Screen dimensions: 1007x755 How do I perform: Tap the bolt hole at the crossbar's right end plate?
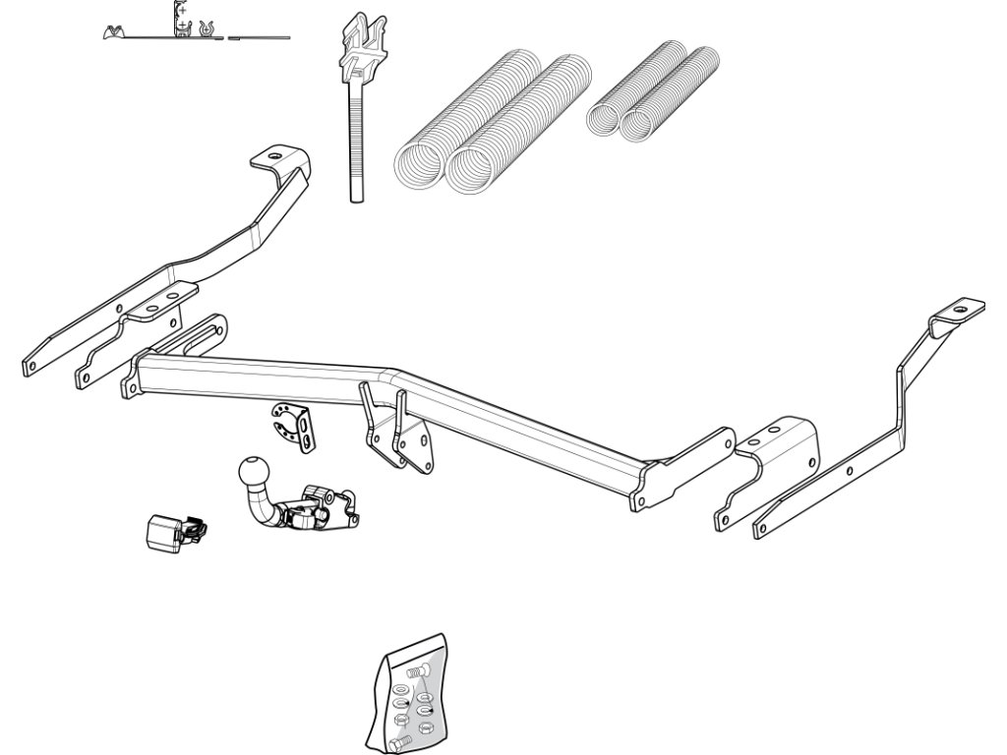(641, 501)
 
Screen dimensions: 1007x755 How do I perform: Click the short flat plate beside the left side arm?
(128, 334)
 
